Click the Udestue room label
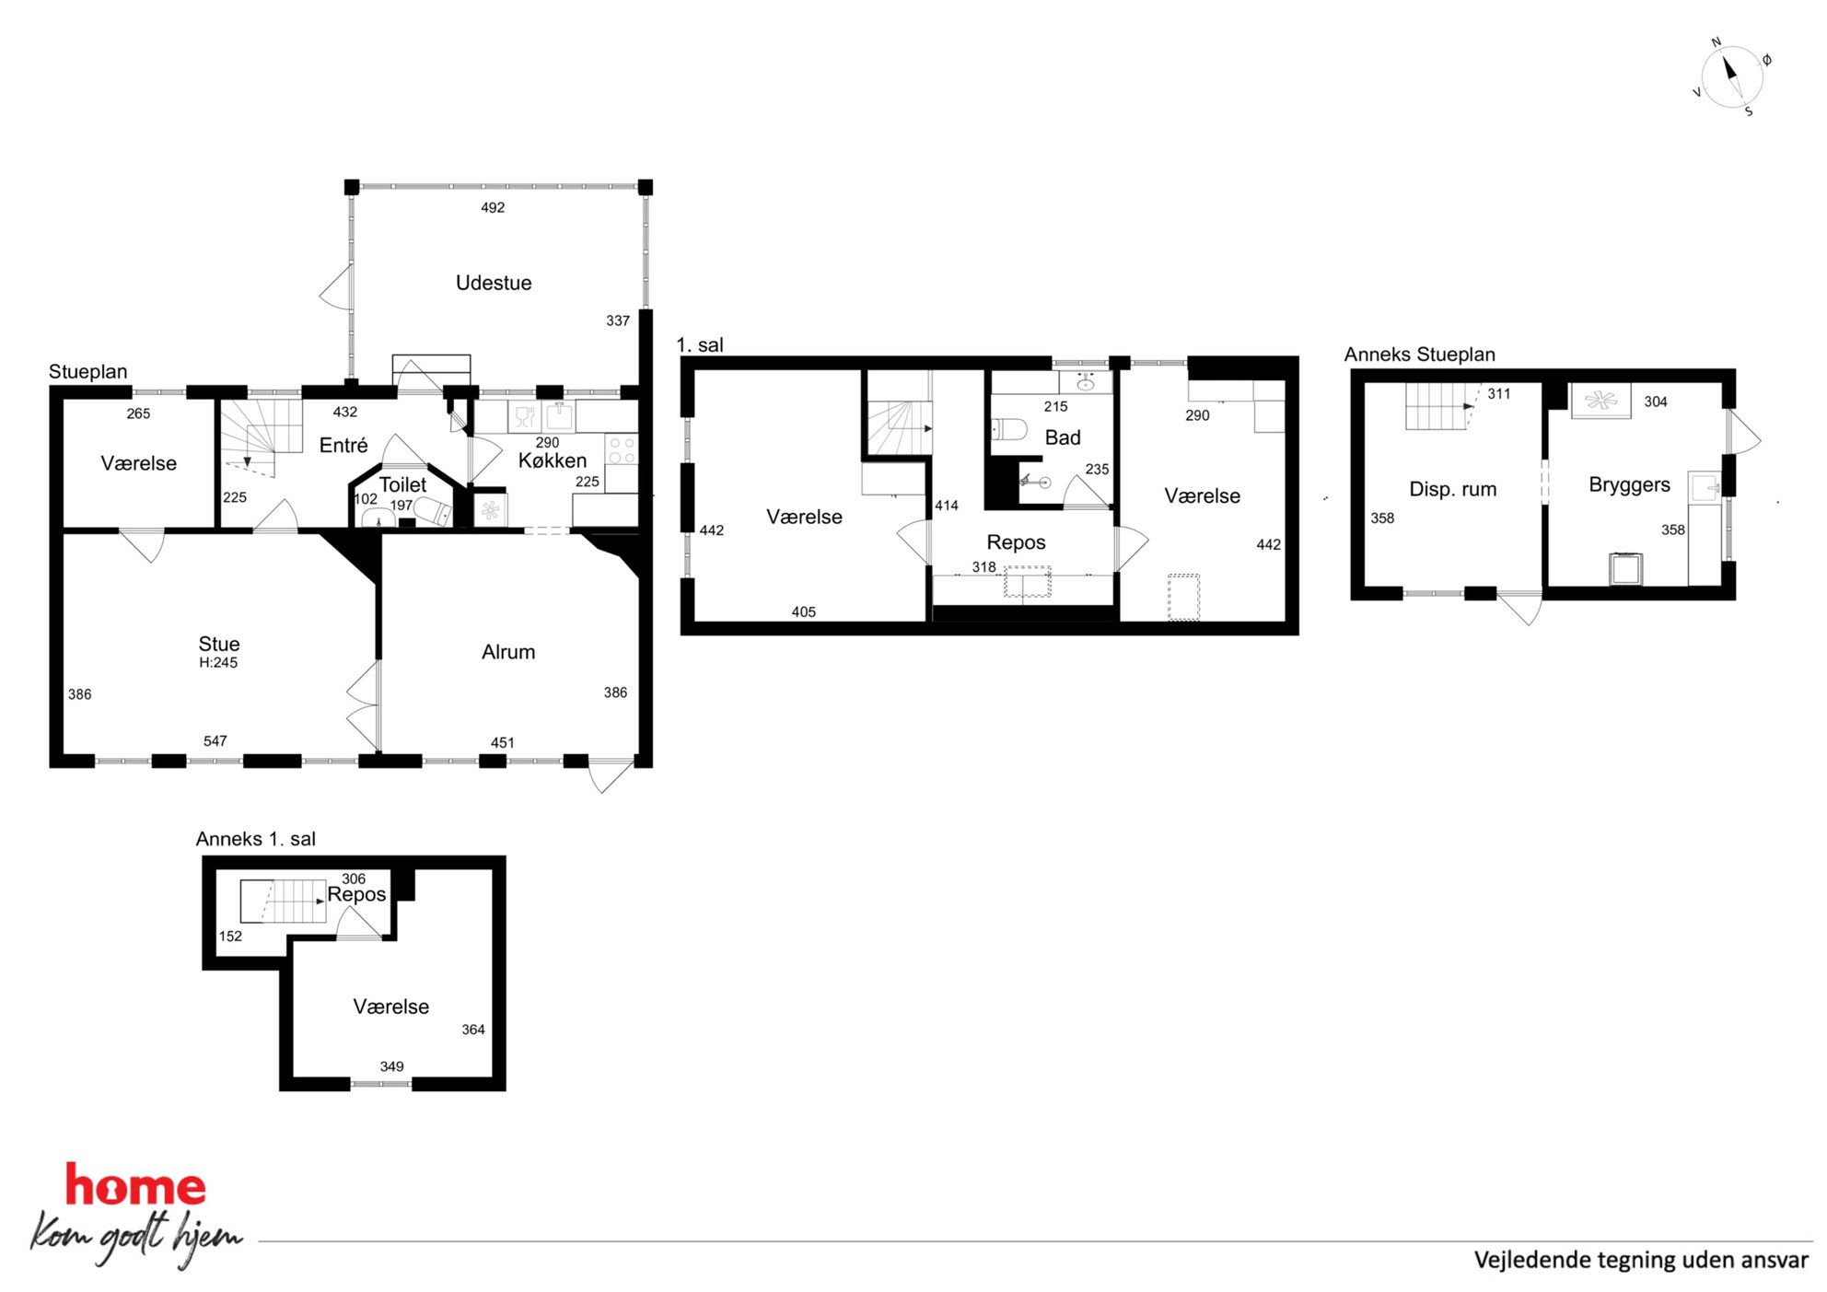(x=494, y=283)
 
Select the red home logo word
(x=135, y=1185)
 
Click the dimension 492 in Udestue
(x=493, y=207)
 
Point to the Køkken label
(x=552, y=460)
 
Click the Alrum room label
(x=508, y=652)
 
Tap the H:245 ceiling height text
(x=218, y=662)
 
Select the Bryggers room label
(x=1629, y=485)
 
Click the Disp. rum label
(x=1452, y=489)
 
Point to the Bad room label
(x=1063, y=437)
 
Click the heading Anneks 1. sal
(x=255, y=839)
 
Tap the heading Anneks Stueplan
(x=1419, y=355)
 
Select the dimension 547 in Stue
(x=215, y=740)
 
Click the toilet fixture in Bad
(x=1009, y=429)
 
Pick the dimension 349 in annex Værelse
(x=391, y=1066)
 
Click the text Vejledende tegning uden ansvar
(x=1641, y=1260)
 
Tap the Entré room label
(x=343, y=446)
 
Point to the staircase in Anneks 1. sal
(x=284, y=902)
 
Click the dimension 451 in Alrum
(x=502, y=742)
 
